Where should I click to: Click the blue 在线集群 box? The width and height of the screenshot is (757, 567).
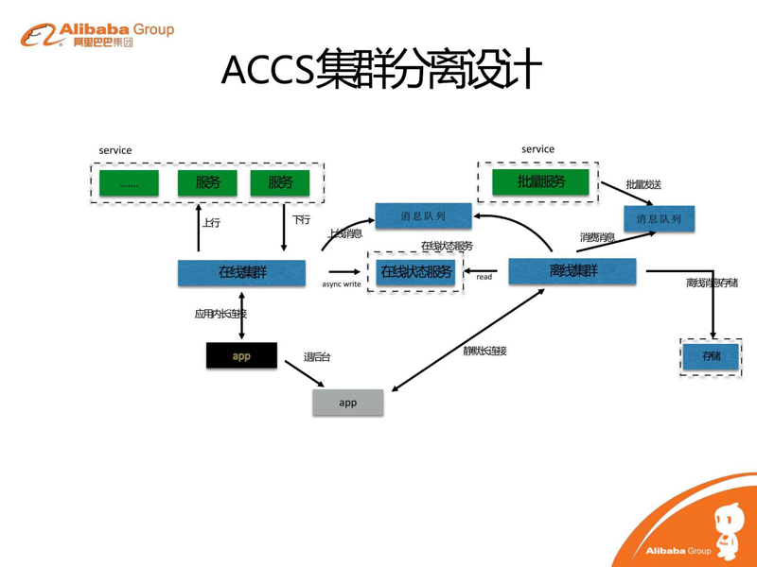click(x=241, y=273)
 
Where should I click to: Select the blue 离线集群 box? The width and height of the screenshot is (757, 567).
click(x=572, y=271)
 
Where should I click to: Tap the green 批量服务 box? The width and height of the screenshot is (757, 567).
click(x=540, y=181)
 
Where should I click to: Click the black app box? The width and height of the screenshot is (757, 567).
click(x=241, y=356)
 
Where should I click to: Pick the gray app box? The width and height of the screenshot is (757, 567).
click(x=348, y=403)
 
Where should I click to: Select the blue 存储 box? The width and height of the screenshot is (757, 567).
click(x=711, y=356)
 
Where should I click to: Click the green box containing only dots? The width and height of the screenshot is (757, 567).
click(x=129, y=183)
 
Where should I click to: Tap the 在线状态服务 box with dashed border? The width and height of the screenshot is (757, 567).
click(x=415, y=273)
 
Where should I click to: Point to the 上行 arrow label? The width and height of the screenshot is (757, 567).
click(x=211, y=223)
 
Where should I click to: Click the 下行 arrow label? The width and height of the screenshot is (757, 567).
click(x=301, y=220)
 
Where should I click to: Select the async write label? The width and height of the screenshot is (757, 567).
click(x=341, y=283)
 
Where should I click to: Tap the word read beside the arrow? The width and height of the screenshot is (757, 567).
click(x=484, y=277)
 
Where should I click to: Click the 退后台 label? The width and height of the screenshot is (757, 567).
click(x=317, y=357)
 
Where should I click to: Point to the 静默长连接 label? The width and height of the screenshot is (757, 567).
click(x=484, y=351)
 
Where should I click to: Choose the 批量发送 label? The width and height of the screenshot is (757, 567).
click(x=643, y=184)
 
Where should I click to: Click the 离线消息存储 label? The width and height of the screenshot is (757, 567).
click(x=712, y=283)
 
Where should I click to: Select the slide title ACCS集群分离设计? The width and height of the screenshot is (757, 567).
click(x=380, y=70)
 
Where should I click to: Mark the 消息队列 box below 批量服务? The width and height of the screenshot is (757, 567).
click(x=659, y=219)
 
